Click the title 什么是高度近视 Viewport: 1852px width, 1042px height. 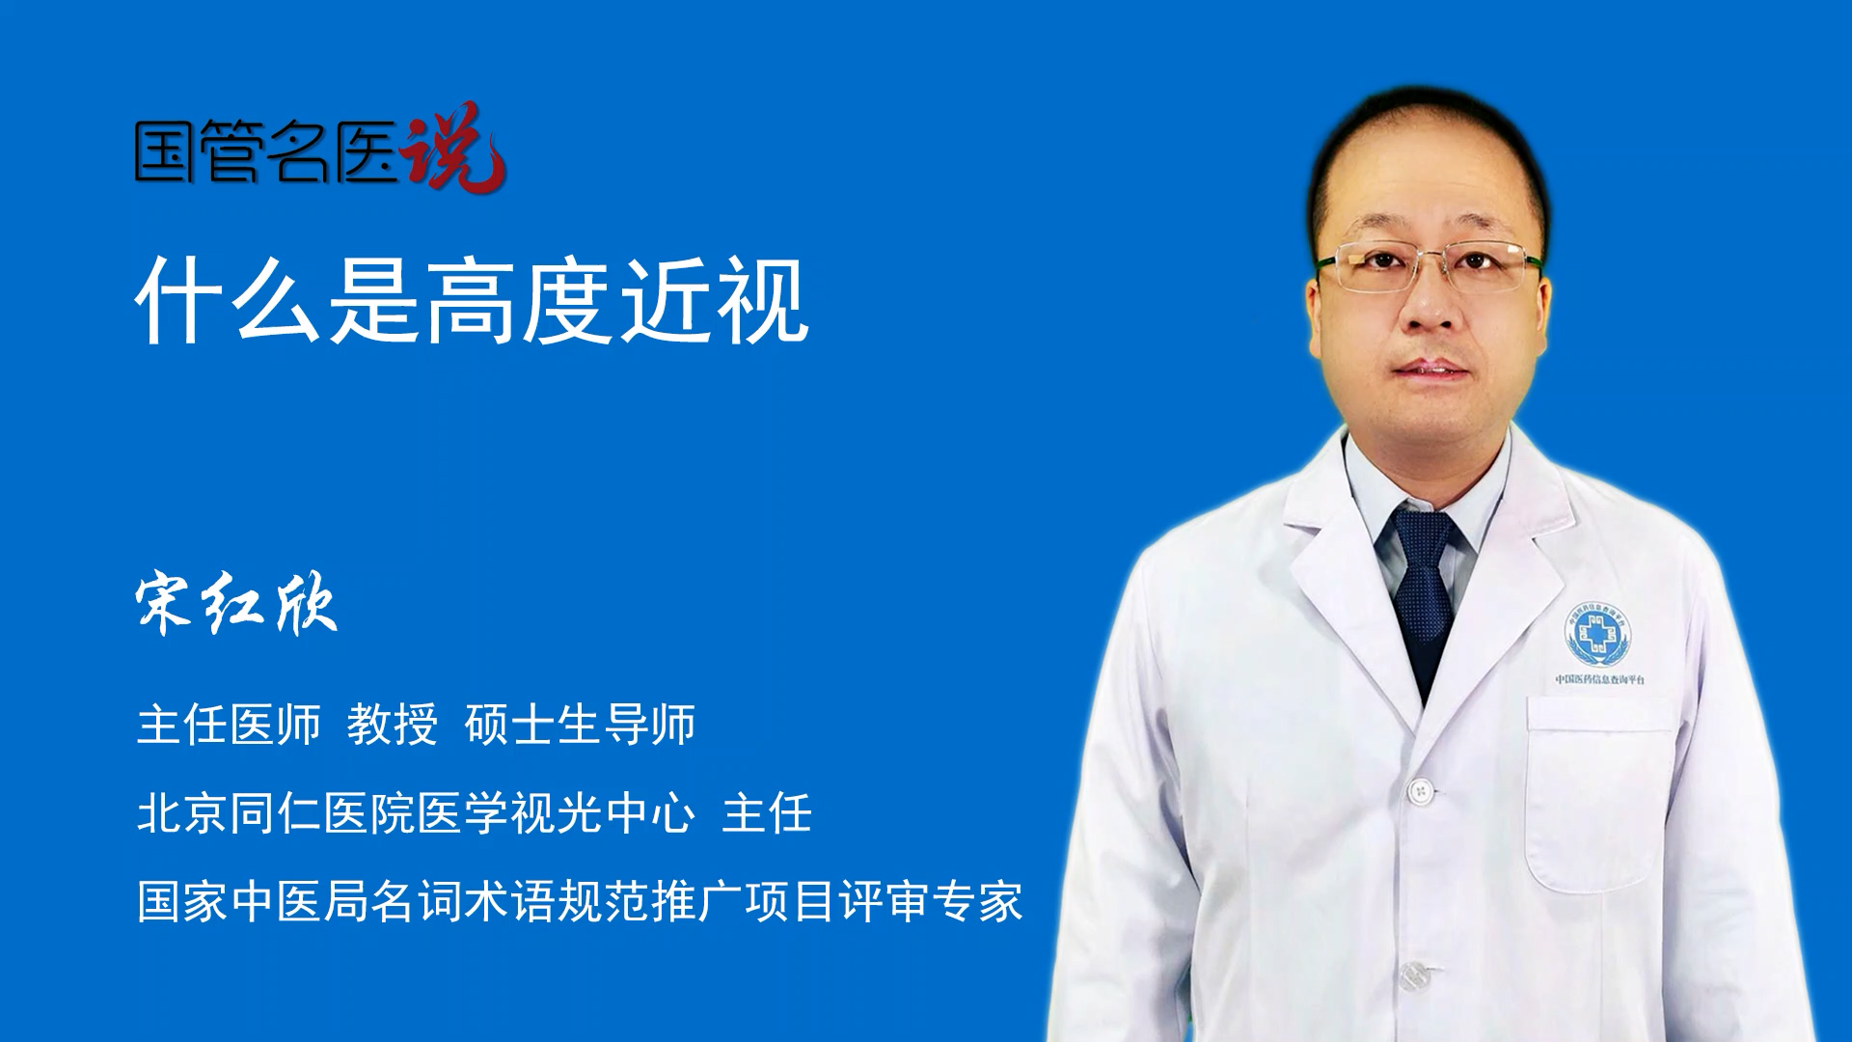coord(472,301)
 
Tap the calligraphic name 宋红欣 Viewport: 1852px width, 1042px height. coord(237,604)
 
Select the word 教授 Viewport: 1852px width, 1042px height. coord(393,724)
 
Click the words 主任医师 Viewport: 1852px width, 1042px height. coord(229,724)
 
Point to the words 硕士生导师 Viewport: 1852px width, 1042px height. coord(580,724)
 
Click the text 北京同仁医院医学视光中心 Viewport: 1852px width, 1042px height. coord(416,812)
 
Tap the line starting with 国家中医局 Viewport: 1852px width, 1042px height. coord(580,901)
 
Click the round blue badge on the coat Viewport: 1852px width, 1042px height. coord(1597,635)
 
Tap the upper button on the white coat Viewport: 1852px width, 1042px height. coord(1420,791)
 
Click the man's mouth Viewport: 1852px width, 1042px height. coord(1431,370)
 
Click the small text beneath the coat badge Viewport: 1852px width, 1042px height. coord(1600,679)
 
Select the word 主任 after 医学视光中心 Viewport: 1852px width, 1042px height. coord(767,812)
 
